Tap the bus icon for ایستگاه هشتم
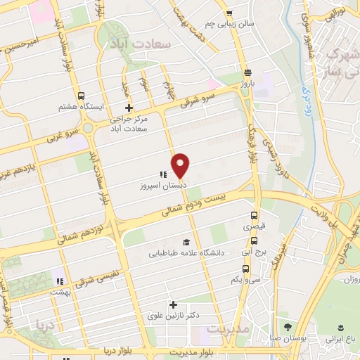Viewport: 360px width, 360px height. click(82, 96)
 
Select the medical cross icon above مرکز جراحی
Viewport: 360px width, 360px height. click(128, 108)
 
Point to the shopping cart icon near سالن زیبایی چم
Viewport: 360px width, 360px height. click(229, 13)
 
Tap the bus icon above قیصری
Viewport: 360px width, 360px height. click(253, 216)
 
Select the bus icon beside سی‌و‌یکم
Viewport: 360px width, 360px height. click(245, 268)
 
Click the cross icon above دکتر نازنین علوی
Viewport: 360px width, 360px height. click(173, 304)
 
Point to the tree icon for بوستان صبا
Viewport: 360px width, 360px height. click(287, 327)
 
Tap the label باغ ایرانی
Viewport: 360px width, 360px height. click(341, 338)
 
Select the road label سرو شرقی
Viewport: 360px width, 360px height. click(200, 98)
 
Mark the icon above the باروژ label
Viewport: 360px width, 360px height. click(247, 72)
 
